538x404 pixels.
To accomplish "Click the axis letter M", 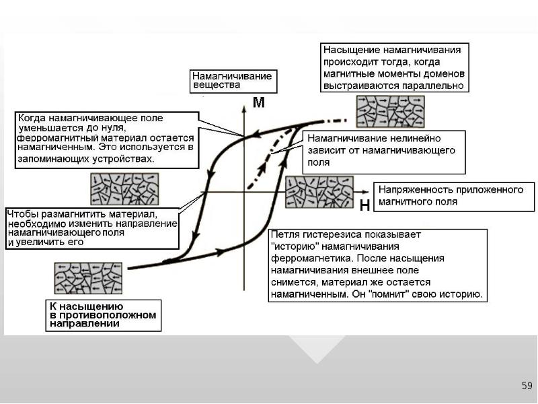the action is (259, 102).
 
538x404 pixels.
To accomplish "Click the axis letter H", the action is (364, 205).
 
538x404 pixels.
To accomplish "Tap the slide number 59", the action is (527, 385).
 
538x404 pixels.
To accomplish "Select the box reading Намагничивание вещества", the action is (233, 81).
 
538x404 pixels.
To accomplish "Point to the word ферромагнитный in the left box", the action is (58, 138).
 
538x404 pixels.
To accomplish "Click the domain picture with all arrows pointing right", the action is (391, 112).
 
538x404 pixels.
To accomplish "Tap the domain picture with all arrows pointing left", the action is (88, 278).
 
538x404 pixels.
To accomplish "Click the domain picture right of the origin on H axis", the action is (319, 192).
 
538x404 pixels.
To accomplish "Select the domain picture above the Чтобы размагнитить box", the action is (124, 189).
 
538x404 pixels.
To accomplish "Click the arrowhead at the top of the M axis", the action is (244, 109).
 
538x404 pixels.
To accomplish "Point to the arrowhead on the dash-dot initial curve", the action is (263, 167).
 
